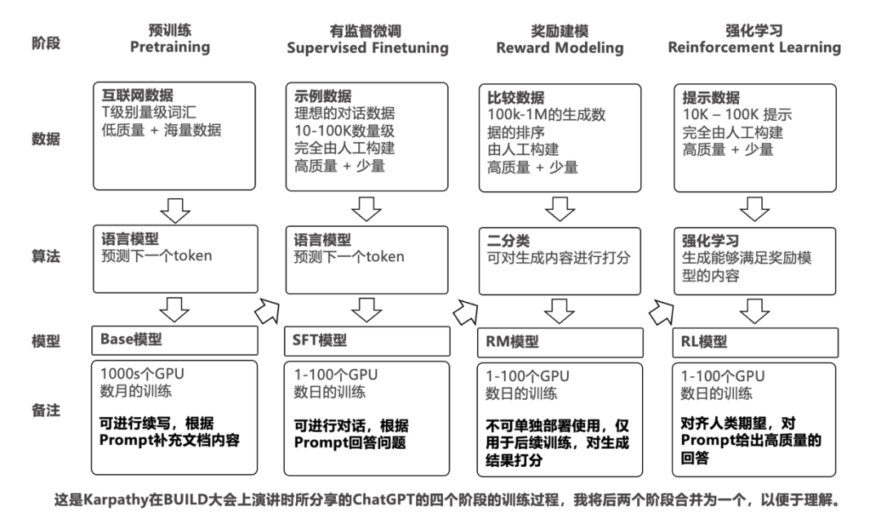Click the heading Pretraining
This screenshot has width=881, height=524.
point(170,47)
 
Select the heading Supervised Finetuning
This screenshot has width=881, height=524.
point(367,47)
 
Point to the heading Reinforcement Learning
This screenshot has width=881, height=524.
point(754,47)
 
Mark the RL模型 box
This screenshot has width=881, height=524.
point(755,341)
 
